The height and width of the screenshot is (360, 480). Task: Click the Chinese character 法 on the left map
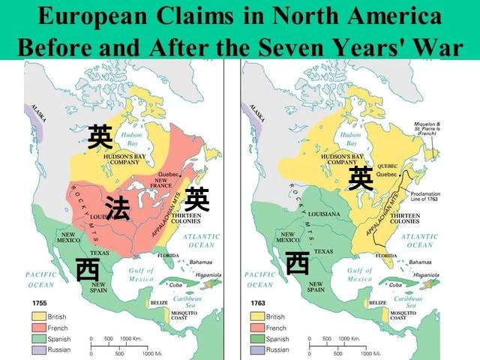[117, 208]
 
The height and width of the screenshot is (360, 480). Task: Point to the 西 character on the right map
[298, 262]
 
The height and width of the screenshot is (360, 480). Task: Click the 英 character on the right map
[360, 178]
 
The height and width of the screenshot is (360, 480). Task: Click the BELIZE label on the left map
[158, 302]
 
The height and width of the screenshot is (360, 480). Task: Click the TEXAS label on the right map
[324, 250]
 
